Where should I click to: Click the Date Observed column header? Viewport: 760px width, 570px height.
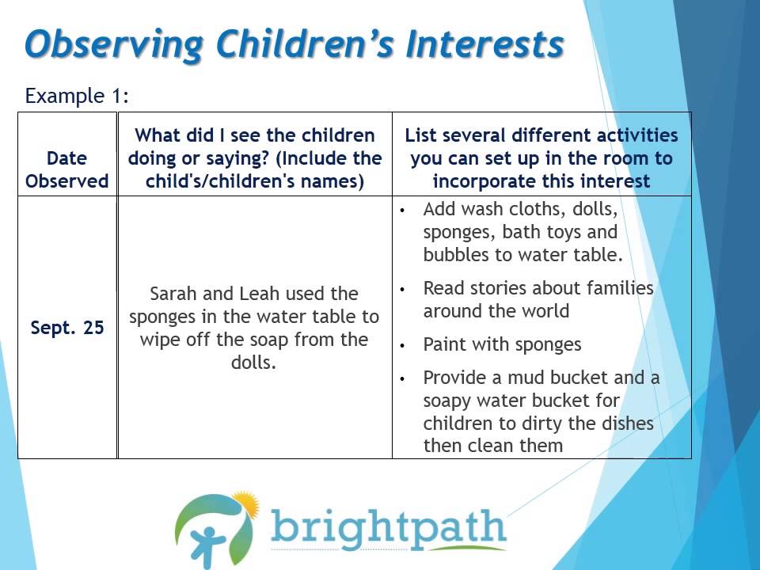66,169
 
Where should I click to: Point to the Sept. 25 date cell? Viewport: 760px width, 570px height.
66,327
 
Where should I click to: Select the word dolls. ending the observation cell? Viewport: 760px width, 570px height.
254,363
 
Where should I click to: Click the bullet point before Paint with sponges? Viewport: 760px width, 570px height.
404,346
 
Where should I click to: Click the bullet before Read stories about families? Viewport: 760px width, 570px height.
404,290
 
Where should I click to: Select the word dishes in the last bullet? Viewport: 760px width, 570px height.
625,423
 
